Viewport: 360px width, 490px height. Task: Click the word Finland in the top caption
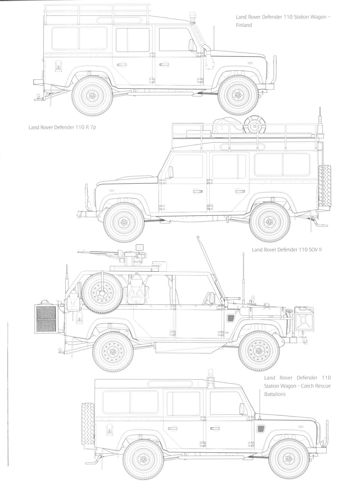coord(244,25)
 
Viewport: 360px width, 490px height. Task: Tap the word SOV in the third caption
coord(311,249)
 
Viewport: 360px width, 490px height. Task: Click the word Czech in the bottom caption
coord(309,386)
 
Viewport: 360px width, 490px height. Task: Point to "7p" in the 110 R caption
coord(93,127)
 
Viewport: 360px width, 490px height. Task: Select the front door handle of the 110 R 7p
coord(197,192)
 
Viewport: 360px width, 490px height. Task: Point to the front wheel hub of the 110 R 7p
coord(123,222)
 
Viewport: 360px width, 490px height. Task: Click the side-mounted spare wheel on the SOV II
coord(101,293)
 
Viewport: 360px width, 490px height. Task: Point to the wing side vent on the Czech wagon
coord(261,428)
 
